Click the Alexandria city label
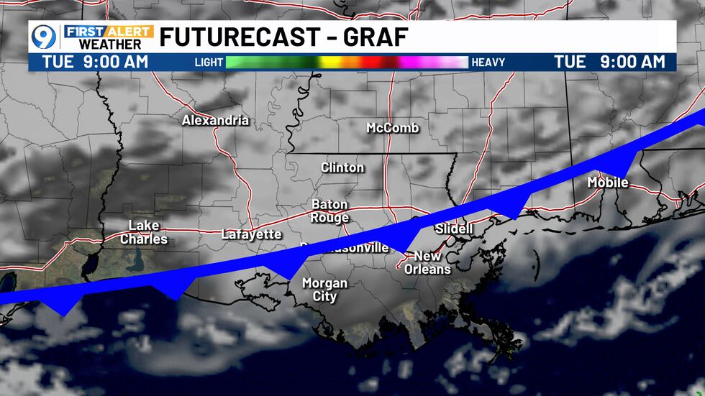click(x=215, y=120)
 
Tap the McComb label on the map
click(x=392, y=128)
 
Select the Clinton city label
click(x=342, y=167)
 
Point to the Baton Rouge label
click(x=330, y=211)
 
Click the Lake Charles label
click(x=144, y=232)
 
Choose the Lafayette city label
click(x=251, y=234)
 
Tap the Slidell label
click(x=454, y=229)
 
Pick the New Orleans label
click(x=432, y=262)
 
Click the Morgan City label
click(x=324, y=290)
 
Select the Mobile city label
click(x=608, y=183)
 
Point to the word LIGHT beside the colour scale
click(x=209, y=63)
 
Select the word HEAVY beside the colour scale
click(x=488, y=63)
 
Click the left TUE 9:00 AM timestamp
click(x=95, y=62)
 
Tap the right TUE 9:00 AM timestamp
click(x=610, y=62)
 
